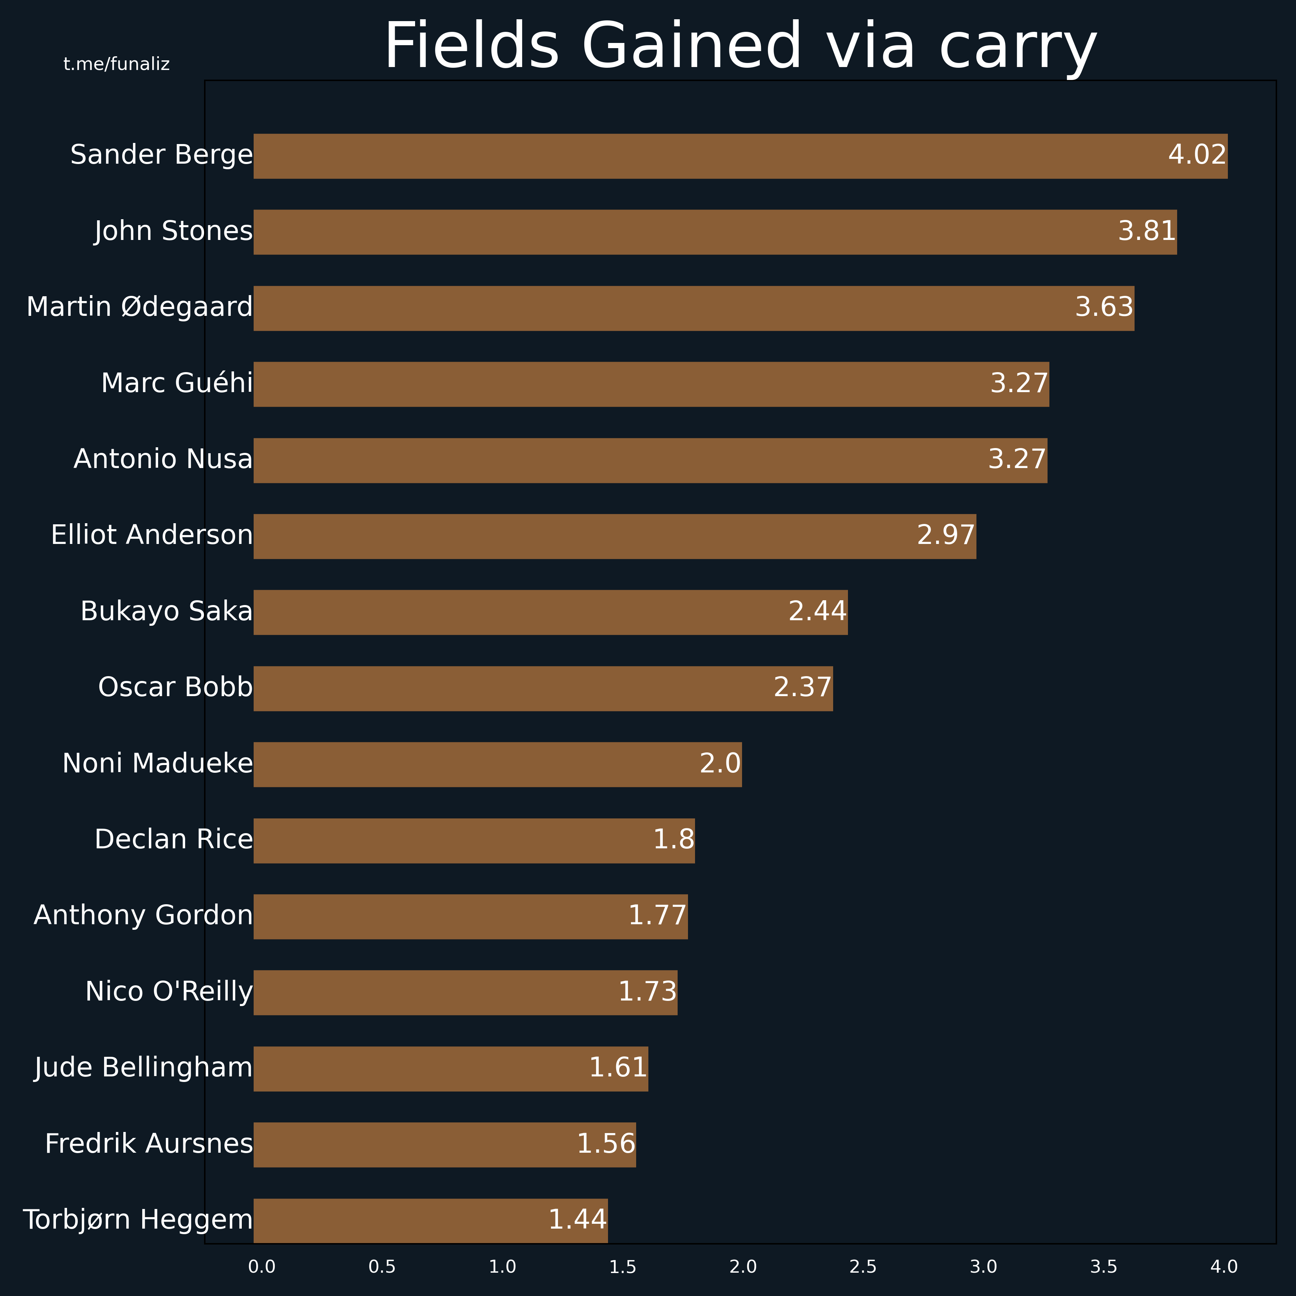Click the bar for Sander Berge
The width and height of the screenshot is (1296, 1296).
(x=741, y=156)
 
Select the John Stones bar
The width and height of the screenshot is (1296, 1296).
(x=715, y=232)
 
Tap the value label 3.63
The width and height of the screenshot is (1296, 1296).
(x=1104, y=307)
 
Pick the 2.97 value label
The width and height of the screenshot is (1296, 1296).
(x=946, y=535)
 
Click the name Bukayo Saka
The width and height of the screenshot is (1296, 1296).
(x=166, y=612)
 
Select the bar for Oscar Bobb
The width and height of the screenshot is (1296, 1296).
(x=543, y=688)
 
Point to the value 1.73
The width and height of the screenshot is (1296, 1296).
(x=647, y=992)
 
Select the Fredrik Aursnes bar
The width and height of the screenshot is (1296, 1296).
(x=445, y=1145)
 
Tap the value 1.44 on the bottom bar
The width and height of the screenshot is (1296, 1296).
(x=578, y=1219)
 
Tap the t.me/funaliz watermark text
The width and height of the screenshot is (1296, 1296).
(x=117, y=64)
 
